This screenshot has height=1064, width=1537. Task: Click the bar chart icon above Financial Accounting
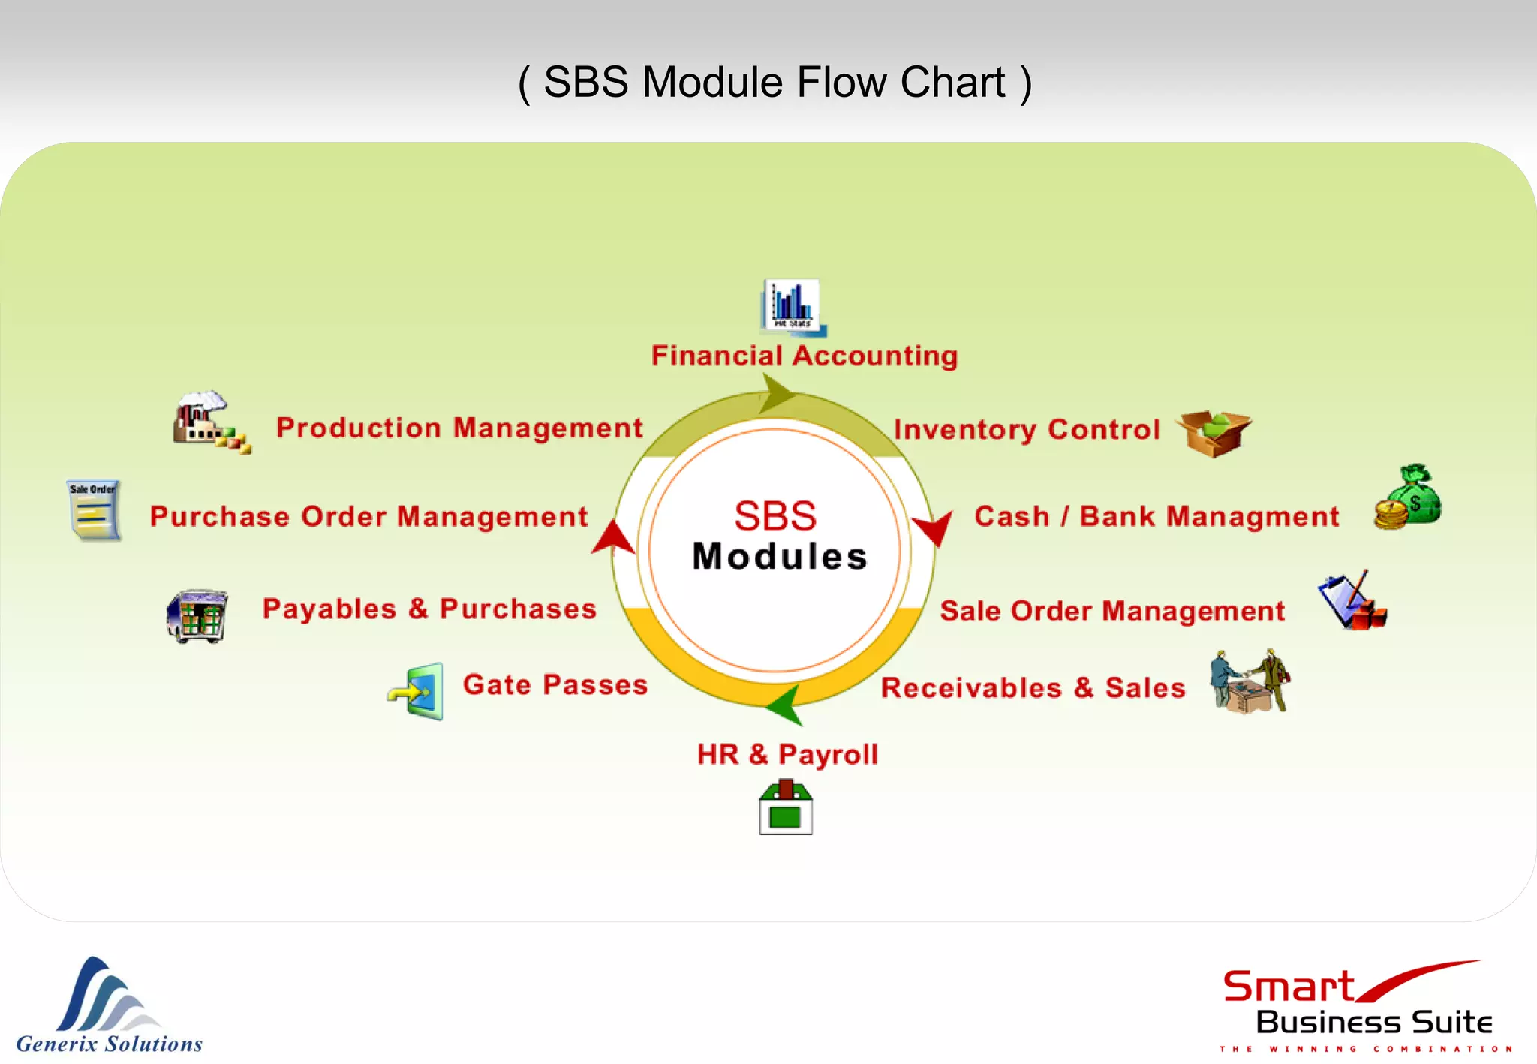click(x=793, y=306)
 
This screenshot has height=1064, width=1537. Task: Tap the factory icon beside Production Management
click(x=209, y=422)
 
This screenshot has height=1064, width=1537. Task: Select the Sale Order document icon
click(x=93, y=510)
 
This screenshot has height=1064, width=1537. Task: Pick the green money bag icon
click(x=1409, y=497)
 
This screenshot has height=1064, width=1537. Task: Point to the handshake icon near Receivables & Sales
click(x=1250, y=681)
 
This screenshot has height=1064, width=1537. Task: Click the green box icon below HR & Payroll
click(x=785, y=808)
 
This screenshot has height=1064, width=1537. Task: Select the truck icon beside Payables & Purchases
click(x=197, y=615)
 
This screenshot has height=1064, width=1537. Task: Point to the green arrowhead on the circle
click(x=785, y=704)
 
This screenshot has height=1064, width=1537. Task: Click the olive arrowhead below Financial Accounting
click(x=776, y=393)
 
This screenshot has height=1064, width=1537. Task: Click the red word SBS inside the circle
click(x=775, y=516)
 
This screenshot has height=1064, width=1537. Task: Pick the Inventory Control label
click(x=1027, y=430)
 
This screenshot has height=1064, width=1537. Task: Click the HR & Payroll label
click(x=787, y=754)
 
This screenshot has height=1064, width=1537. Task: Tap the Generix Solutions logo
click(x=110, y=1005)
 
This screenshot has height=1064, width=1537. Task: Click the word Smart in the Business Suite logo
click(x=1288, y=987)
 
